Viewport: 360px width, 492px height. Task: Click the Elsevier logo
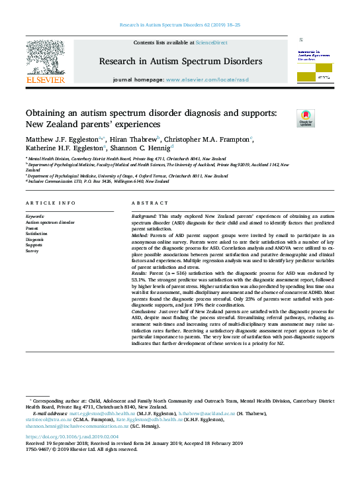(x=45, y=62)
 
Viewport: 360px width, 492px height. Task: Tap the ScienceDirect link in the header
(x=212, y=42)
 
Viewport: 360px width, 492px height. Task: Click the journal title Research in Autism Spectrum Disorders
(x=180, y=62)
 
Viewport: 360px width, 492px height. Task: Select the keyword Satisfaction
(x=36, y=233)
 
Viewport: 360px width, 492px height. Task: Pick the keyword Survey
(x=32, y=251)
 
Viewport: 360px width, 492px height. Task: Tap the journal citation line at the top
(x=180, y=24)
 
